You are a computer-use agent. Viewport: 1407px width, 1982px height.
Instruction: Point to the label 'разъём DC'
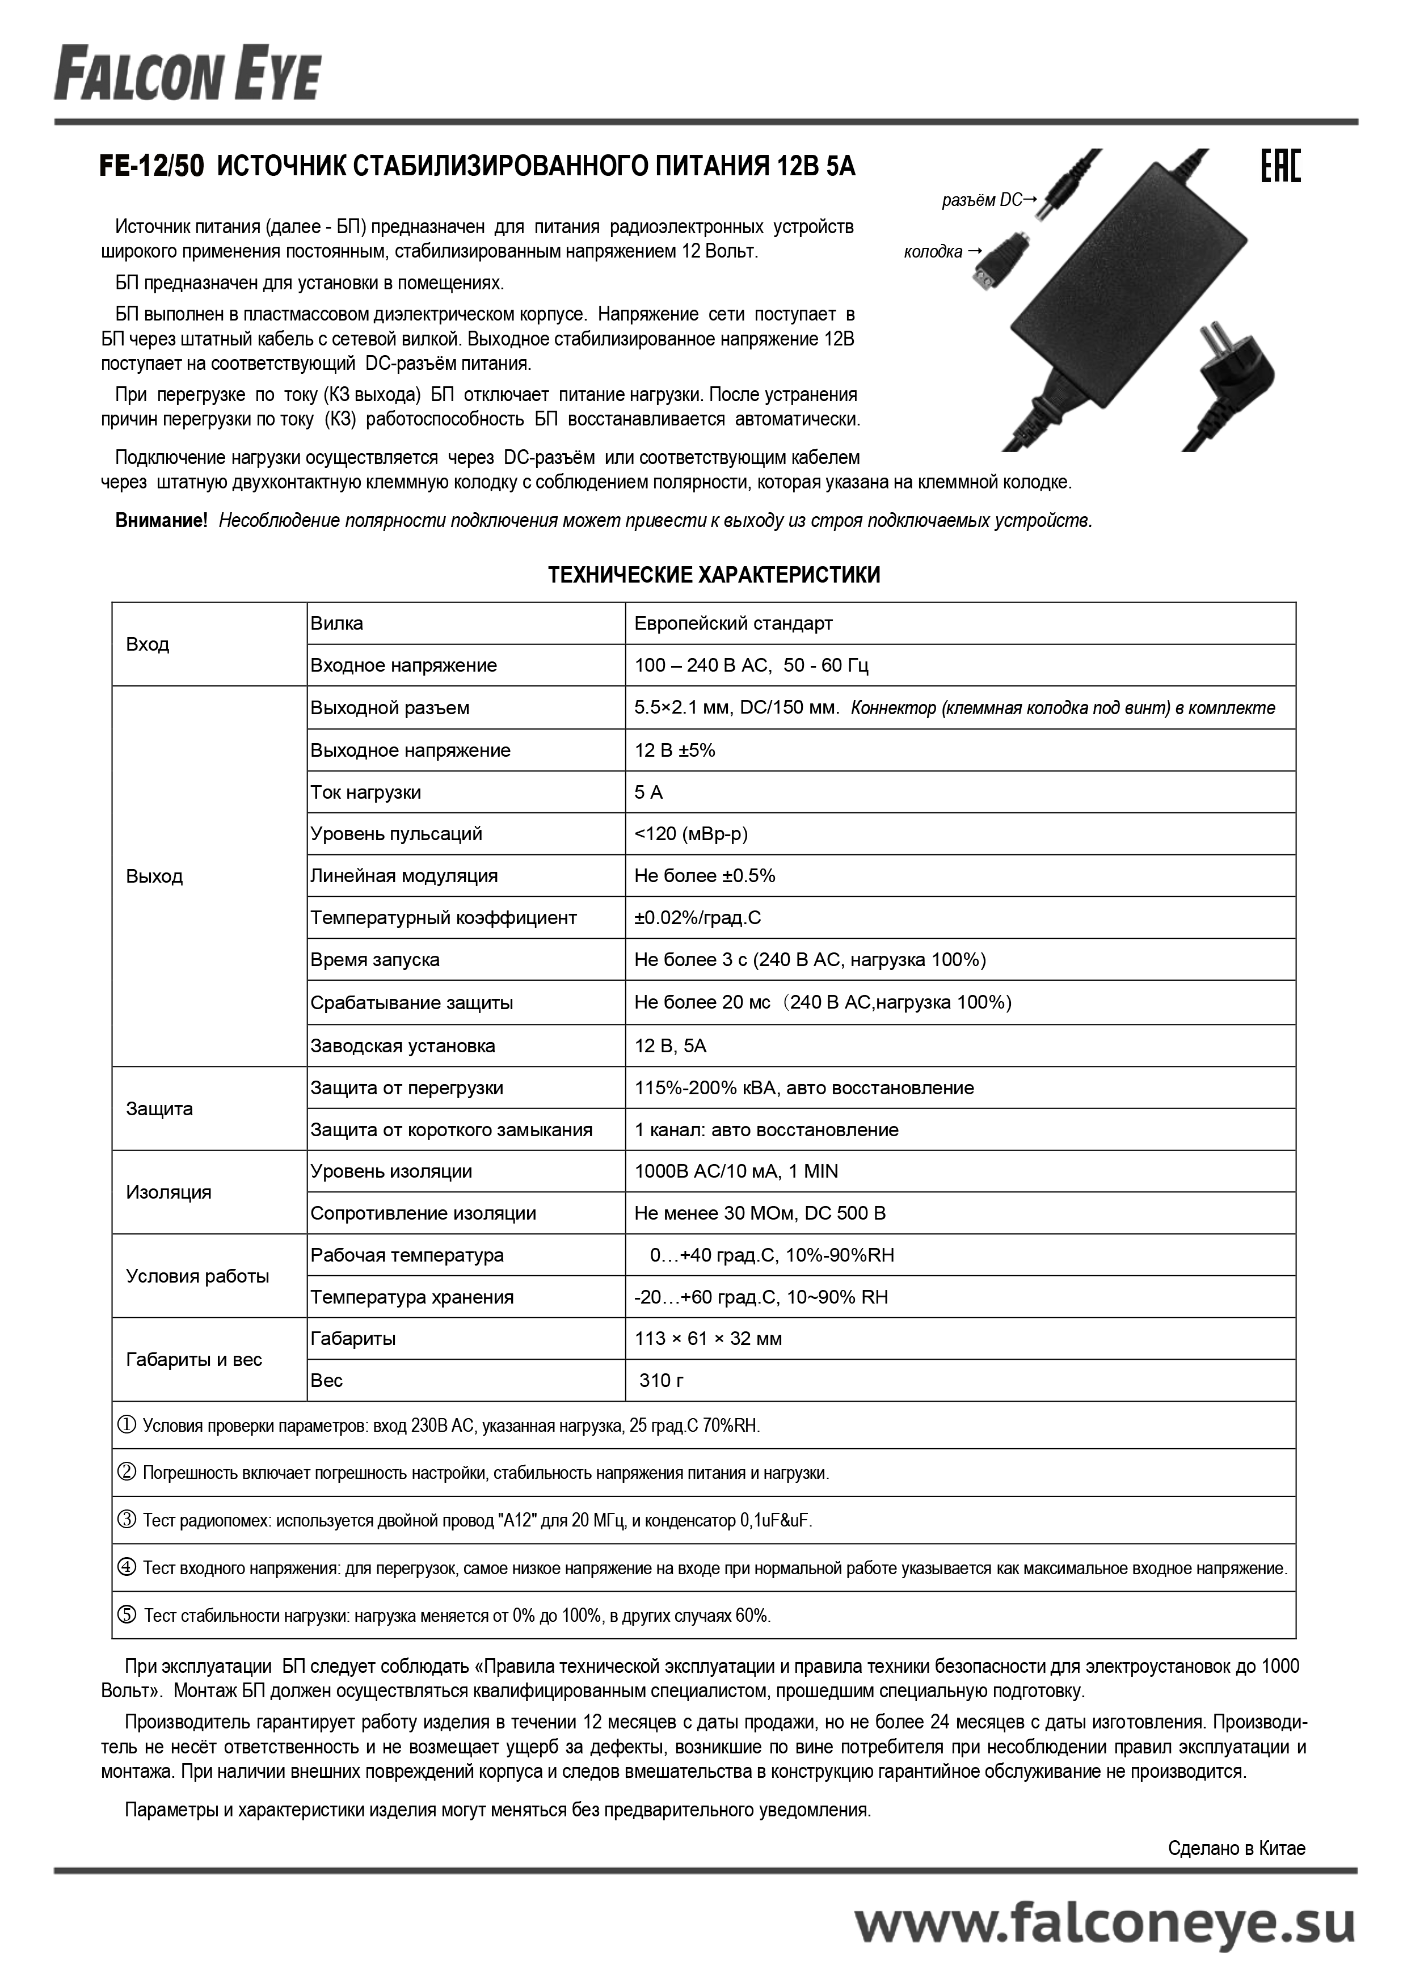pos(981,201)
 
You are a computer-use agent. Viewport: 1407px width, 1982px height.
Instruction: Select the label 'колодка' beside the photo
pos(933,252)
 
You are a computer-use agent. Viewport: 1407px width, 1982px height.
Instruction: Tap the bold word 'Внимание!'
pos(161,521)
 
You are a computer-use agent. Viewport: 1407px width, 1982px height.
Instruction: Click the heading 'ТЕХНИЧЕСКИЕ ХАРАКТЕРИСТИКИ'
pos(714,575)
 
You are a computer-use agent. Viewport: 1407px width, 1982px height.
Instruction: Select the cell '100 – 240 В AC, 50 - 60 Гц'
pos(751,665)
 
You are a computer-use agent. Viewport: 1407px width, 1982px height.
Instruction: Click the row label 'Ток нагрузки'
pos(365,792)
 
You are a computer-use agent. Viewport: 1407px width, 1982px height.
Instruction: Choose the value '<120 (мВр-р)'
pos(690,833)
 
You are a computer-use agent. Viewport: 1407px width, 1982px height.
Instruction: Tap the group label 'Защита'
pos(159,1109)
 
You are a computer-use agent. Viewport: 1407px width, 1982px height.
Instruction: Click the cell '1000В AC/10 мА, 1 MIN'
pos(736,1171)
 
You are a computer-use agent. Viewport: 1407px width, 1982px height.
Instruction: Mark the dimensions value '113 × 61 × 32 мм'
pos(708,1338)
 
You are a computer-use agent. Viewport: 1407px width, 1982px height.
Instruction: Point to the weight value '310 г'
pos(661,1381)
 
